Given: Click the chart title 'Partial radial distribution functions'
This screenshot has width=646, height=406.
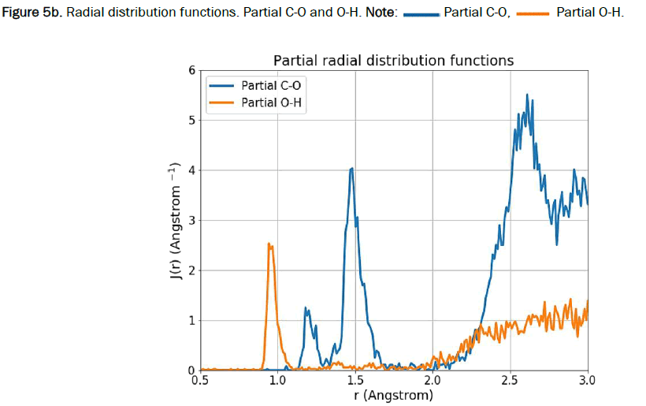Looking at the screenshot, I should [393, 60].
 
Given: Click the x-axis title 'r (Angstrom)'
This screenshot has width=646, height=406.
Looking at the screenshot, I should [393, 397].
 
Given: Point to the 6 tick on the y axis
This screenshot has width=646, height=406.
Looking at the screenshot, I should [190, 70].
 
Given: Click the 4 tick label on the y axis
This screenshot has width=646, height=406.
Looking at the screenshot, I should [190, 170].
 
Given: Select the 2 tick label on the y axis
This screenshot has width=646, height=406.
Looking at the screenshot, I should [190, 270].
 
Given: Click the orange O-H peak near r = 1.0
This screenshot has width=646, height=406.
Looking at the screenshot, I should [270, 244].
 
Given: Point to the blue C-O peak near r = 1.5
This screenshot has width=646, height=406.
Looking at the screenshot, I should [351, 169].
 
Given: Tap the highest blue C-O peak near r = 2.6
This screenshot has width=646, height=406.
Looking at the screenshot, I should [527, 95].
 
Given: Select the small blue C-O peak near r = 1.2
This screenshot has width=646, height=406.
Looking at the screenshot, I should [306, 309].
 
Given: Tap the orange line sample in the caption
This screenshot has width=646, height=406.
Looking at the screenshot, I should [531, 15].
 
